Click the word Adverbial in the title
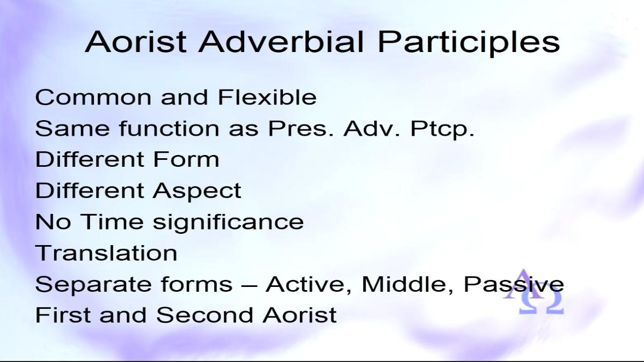coord(281,42)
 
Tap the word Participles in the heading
coord(469,43)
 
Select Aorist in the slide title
coord(136,42)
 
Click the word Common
coord(93,98)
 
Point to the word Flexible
coord(267,97)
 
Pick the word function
coord(169,128)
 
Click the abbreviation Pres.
coord(301,128)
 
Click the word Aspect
coord(197,191)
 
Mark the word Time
coord(112,221)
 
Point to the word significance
coord(228,223)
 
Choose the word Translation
coord(106,253)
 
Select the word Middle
coord(407,284)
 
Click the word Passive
coord(514,284)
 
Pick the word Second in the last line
coord(204,315)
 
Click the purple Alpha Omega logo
coord(533,292)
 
